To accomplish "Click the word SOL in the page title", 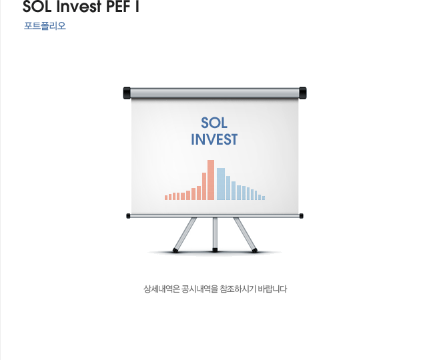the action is tap(37, 7).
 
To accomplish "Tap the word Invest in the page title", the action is tap(79, 7).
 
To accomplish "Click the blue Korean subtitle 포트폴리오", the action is tap(45, 26).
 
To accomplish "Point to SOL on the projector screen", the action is tap(214, 123).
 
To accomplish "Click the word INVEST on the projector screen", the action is tap(214, 139).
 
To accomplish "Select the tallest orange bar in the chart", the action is tap(211, 180).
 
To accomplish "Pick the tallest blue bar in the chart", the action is tap(221, 184).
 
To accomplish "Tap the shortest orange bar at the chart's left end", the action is tap(166, 197).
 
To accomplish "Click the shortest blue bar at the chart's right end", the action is tap(264, 198).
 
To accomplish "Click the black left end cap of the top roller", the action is tap(127, 93).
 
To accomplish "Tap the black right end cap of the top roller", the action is tap(303, 93).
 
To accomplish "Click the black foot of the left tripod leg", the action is tap(175, 251).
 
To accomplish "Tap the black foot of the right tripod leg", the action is tap(255, 251).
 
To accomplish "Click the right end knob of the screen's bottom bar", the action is tap(301, 216).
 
